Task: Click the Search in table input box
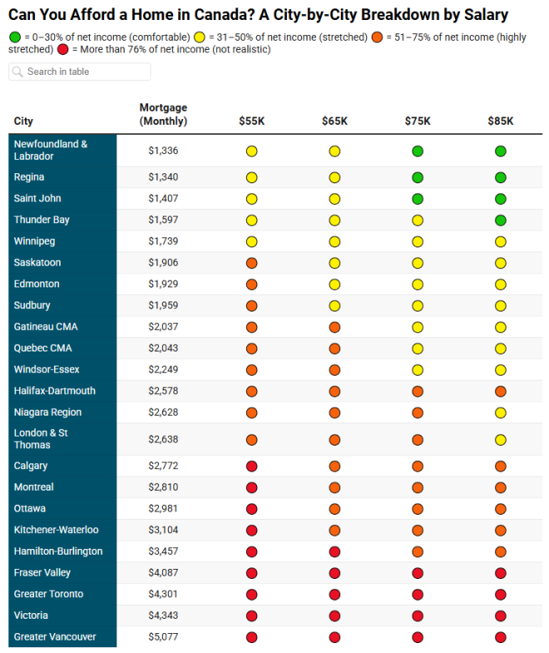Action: (80, 72)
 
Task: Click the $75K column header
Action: (418, 121)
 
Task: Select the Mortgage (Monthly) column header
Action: (163, 114)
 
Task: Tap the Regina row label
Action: (29, 177)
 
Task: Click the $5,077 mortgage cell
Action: (163, 637)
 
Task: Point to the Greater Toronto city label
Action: (48, 594)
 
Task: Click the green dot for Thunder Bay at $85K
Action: (501, 220)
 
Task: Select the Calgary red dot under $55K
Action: (251, 466)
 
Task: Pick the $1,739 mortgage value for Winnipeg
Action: (163, 242)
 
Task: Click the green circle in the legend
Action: (15, 37)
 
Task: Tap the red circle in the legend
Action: (64, 50)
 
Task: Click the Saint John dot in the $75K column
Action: (418, 199)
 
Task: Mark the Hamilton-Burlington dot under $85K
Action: (501, 551)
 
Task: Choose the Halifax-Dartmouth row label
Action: (54, 391)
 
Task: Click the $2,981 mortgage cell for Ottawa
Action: (163, 509)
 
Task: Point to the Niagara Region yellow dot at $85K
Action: (501, 412)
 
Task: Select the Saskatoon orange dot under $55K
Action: (251, 263)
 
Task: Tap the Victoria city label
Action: (31, 616)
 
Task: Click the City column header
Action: (23, 122)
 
